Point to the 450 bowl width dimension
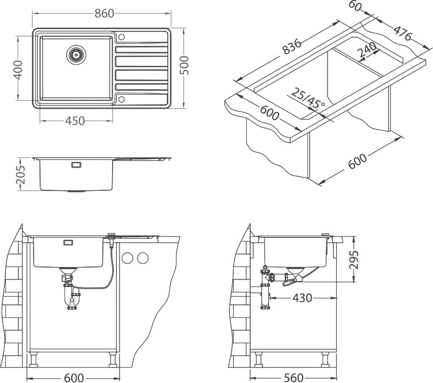pyautogui.click(x=75, y=121)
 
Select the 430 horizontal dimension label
pyautogui.click(x=302, y=298)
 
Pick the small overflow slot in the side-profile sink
pyautogui.click(x=76, y=165)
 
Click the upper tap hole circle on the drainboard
pyautogui.click(x=121, y=37)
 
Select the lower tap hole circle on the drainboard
pyautogui.click(x=121, y=99)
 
